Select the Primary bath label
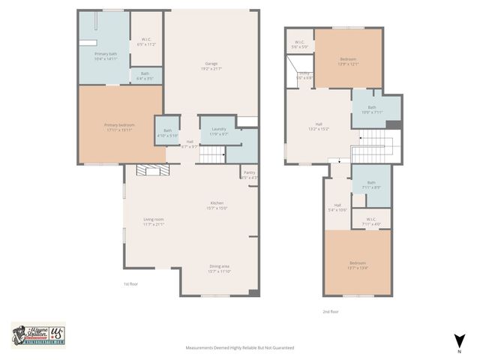pyautogui.click(x=105, y=56)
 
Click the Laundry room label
pyautogui.click(x=219, y=131)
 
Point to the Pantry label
pyautogui.click(x=250, y=175)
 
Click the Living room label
pyautogui.click(x=154, y=221)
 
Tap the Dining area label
pyautogui.click(x=220, y=268)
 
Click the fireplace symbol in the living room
pyautogui.click(x=147, y=171)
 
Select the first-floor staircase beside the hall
pyautogui.click(x=214, y=155)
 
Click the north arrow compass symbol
pyautogui.click(x=457, y=341)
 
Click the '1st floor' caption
pyautogui.click(x=131, y=284)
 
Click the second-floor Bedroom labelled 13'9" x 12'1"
pyautogui.click(x=348, y=61)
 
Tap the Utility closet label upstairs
pyautogui.click(x=304, y=75)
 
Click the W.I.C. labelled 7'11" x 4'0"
pyautogui.click(x=371, y=221)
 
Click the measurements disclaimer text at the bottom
pyautogui.click(x=240, y=348)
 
